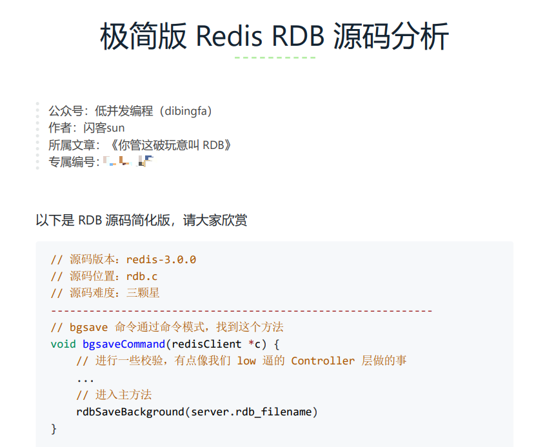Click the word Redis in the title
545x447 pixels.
228,37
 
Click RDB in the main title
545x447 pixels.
298,37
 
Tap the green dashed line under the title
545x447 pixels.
275,57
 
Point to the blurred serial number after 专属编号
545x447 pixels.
128,161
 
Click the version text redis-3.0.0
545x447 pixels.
161,259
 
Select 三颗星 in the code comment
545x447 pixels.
143,293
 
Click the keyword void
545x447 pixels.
63,344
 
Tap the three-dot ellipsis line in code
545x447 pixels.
85,378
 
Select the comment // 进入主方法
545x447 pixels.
114,395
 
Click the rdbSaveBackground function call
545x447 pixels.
130,412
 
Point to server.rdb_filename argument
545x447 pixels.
252,412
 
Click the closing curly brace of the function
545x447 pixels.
54,428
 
